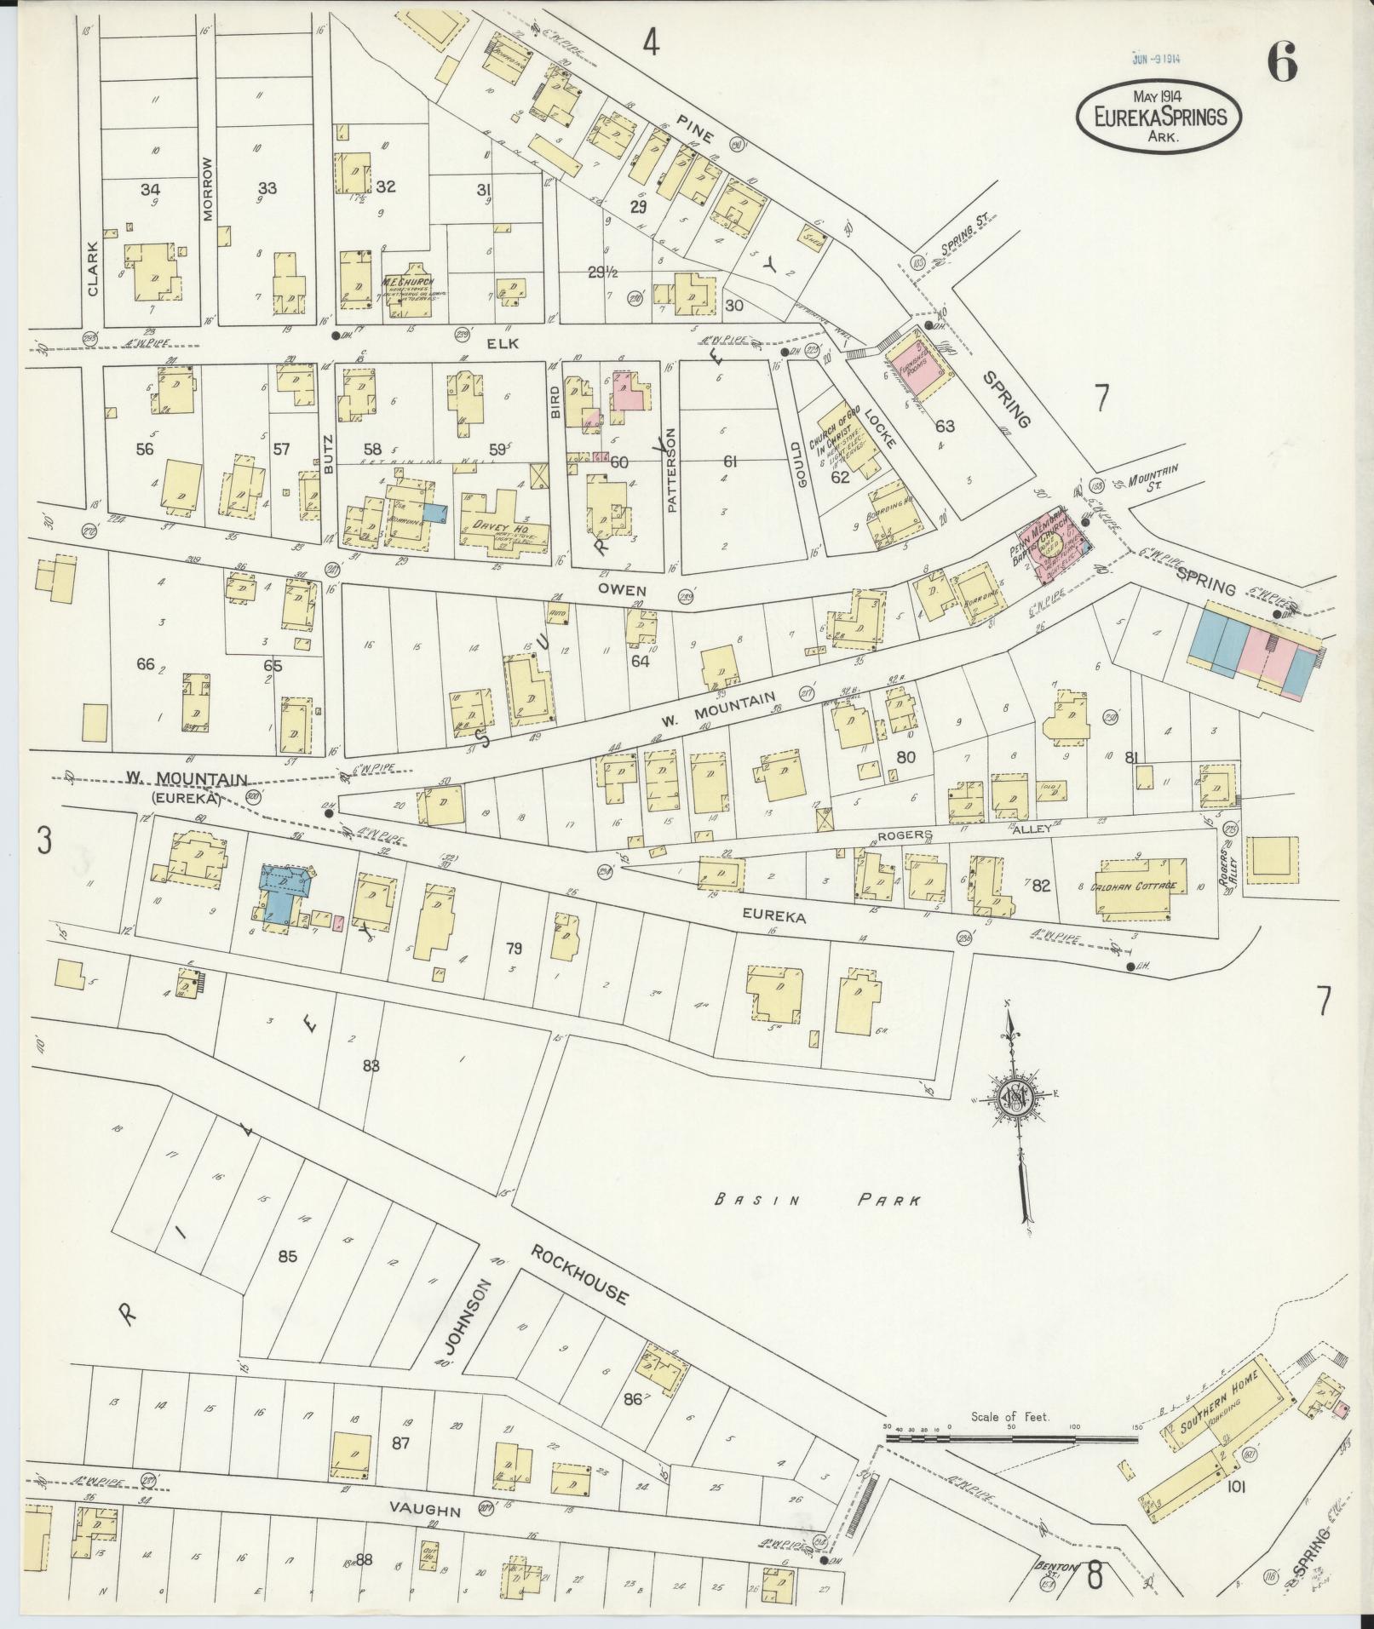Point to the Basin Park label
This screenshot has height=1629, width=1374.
click(817, 1202)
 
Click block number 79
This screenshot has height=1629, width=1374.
click(514, 948)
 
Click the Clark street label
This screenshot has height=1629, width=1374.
click(93, 268)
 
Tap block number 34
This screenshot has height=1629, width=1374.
click(151, 189)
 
